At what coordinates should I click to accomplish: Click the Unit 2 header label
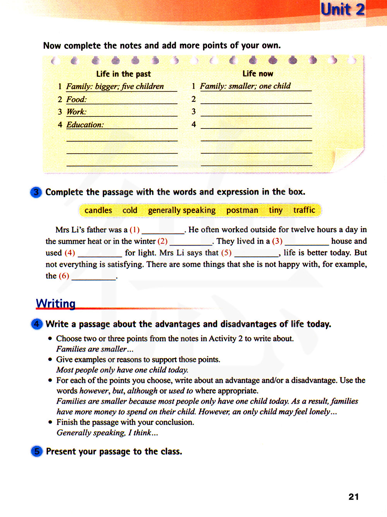tap(342, 9)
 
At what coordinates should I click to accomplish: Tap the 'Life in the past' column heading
tap(123, 74)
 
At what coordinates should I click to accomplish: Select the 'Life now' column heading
tap(258, 74)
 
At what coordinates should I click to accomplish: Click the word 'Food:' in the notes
tap(76, 99)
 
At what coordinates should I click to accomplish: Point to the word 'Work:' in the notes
tap(76, 112)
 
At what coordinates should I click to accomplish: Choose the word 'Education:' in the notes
tap(85, 125)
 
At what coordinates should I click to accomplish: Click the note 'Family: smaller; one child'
tap(245, 86)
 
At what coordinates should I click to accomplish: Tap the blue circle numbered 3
tap(36, 192)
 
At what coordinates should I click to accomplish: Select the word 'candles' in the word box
tap(98, 210)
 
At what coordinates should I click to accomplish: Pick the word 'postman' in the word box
tap(242, 210)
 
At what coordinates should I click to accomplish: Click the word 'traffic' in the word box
tap(304, 210)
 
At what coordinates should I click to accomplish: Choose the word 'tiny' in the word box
tap(276, 210)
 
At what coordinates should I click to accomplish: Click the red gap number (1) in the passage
tap(134, 230)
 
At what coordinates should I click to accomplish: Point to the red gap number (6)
tap(64, 276)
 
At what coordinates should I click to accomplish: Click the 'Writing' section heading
tap(56, 303)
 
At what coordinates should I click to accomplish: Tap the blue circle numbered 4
tap(36, 324)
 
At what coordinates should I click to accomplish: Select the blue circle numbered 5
tap(37, 451)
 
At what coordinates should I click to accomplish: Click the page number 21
tap(354, 497)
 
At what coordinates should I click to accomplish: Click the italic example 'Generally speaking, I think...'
tap(107, 433)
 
